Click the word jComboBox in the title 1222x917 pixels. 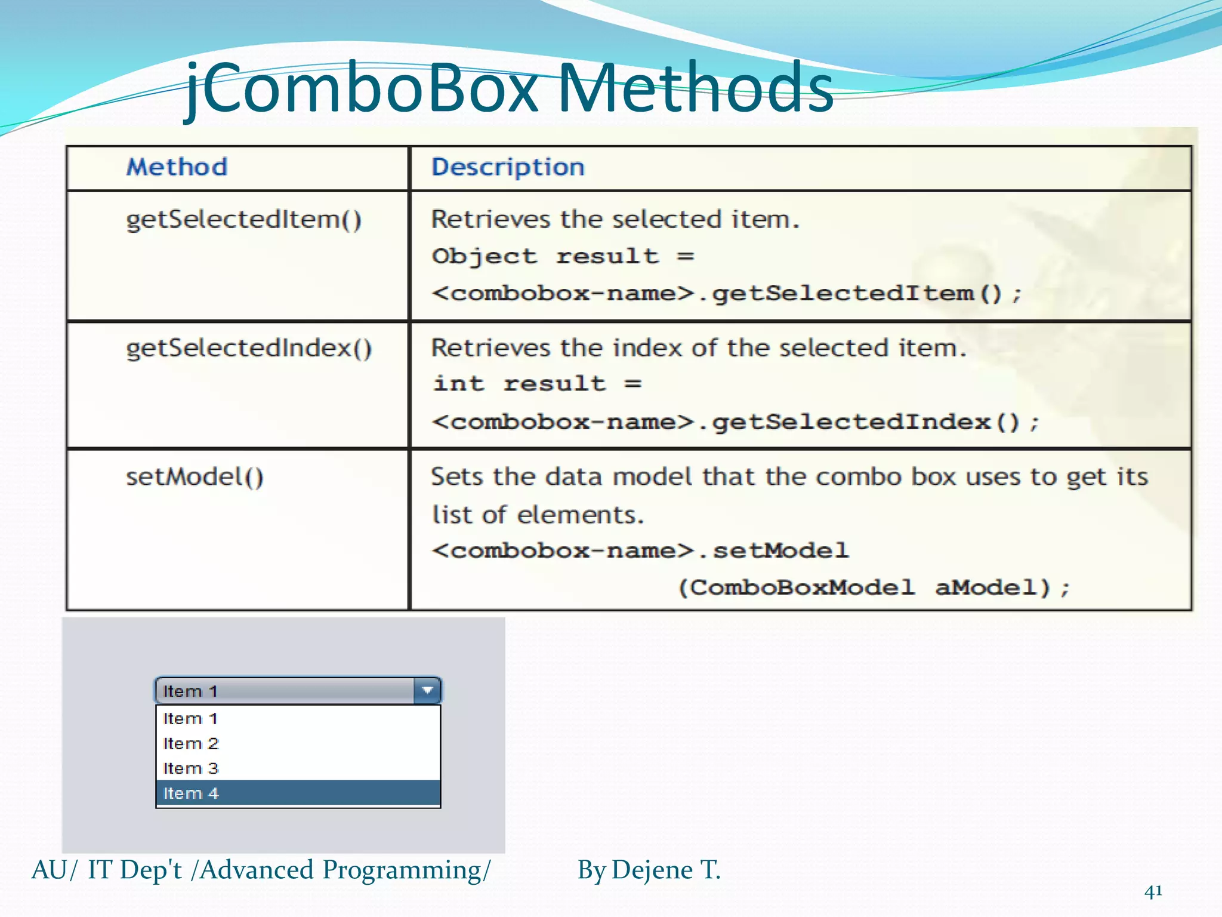[364, 90]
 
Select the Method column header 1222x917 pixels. [177, 167]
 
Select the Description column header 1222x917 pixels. [508, 167]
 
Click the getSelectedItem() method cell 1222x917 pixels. [243, 220]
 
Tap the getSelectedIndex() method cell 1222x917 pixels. [249, 348]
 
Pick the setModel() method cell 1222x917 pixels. [195, 477]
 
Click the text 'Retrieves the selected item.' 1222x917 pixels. [615, 220]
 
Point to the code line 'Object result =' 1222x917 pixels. [563, 257]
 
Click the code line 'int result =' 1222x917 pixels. [537, 384]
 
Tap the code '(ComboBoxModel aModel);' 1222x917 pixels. [874, 588]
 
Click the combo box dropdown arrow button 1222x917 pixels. [427, 691]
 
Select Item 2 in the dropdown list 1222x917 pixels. [191, 744]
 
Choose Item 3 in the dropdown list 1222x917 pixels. [191, 768]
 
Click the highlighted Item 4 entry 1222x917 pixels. [191, 793]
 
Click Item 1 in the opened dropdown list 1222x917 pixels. [190, 719]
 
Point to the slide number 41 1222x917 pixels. [1153, 891]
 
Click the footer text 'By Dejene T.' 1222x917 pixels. [649, 870]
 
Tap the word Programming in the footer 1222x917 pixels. [406, 870]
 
